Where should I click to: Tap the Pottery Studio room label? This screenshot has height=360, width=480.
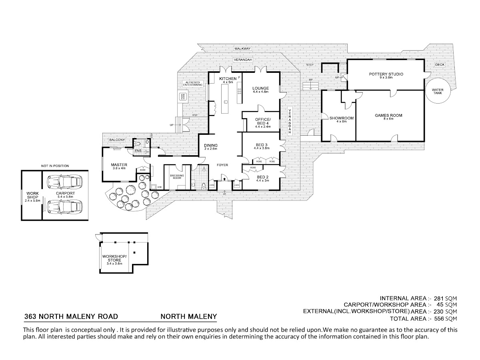point(386,74)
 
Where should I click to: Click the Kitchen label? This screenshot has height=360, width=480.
point(228,78)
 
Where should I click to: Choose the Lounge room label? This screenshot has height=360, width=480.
point(260,88)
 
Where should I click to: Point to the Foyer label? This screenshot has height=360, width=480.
point(223,165)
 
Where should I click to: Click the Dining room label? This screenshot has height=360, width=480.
point(210,145)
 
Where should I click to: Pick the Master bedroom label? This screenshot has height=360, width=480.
point(119,164)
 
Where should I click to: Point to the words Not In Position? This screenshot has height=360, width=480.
point(55,165)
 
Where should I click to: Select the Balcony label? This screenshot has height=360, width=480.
point(117,140)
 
